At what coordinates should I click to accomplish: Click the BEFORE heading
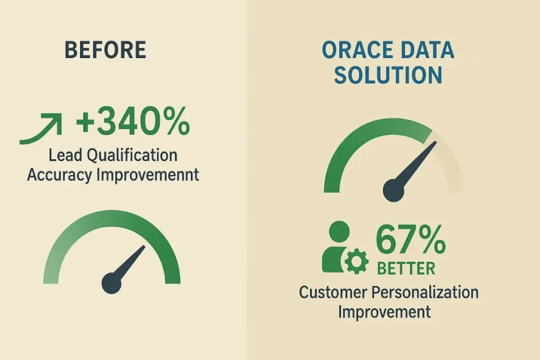coord(105,50)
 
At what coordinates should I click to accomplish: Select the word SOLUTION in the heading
coord(388,75)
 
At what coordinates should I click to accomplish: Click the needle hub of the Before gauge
coord(111,284)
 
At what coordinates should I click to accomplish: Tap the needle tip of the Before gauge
coord(143,247)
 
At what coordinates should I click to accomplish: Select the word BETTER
coord(406,268)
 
